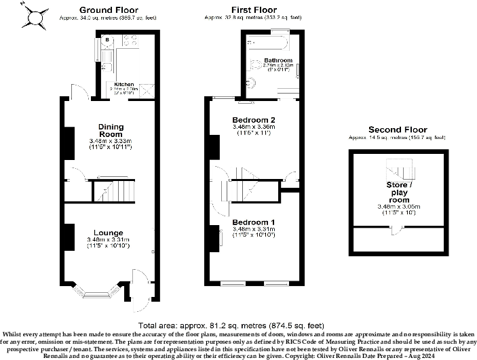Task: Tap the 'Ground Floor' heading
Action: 109,10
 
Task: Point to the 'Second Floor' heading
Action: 397,129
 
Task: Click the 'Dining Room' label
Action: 110,129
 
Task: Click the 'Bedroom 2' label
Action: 253,119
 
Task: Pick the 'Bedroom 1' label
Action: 253,222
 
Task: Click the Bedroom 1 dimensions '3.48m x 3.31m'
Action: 253,230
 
